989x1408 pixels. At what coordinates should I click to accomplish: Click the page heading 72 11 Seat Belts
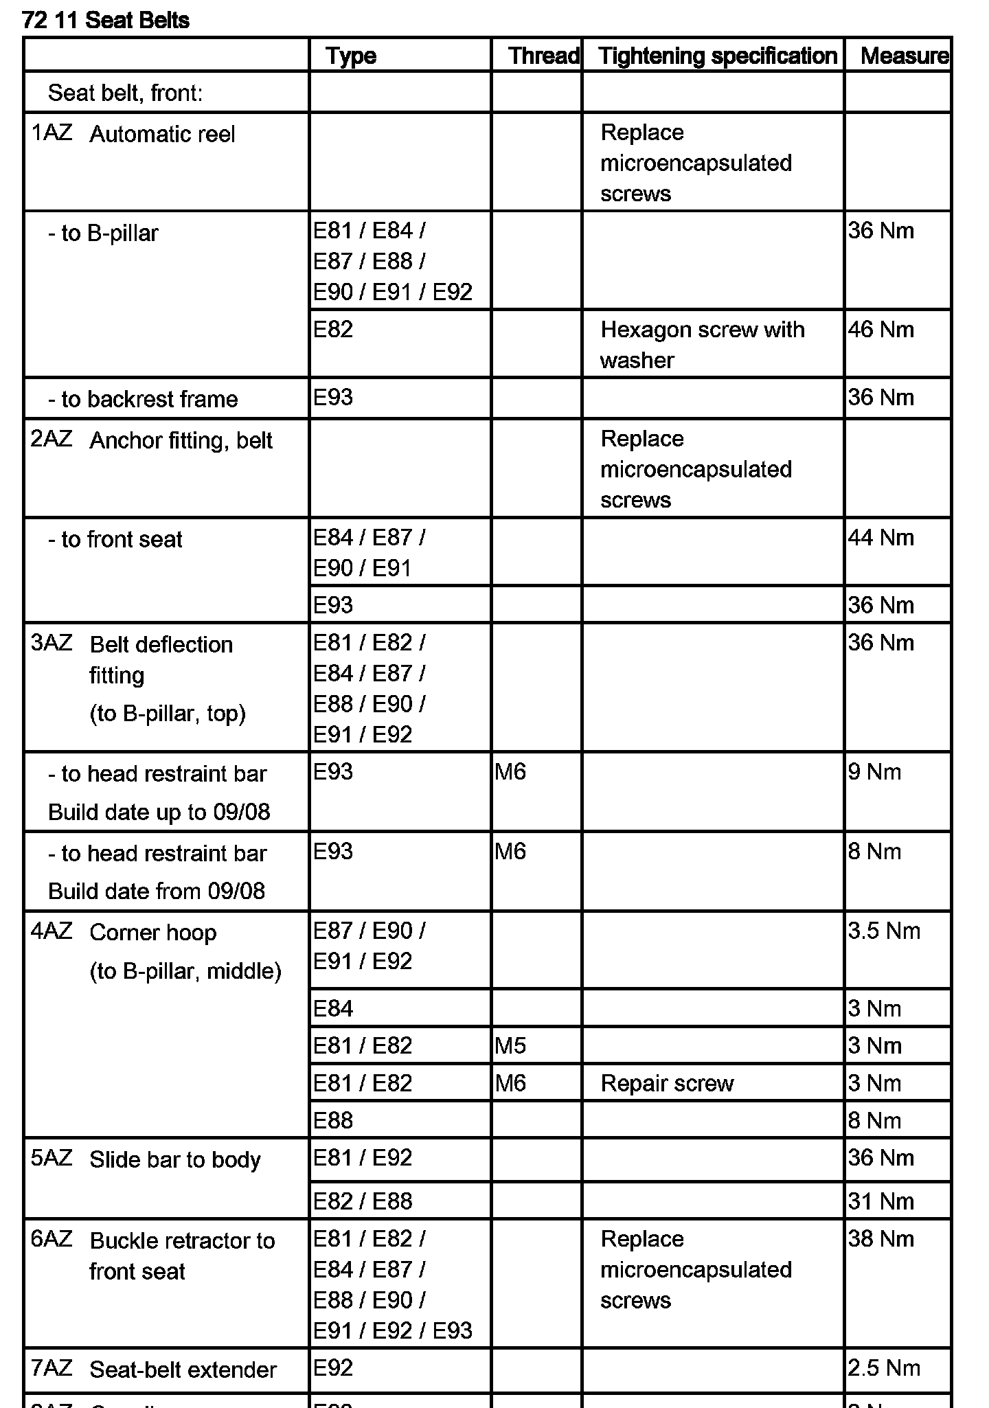pyautogui.click(x=106, y=21)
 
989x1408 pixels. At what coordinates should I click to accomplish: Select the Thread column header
pyautogui.click(x=543, y=56)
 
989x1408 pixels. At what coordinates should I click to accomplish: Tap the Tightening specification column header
pyautogui.click(x=717, y=56)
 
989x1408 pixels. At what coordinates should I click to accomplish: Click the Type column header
pyautogui.click(x=351, y=56)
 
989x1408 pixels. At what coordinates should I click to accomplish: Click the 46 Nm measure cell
pyautogui.click(x=880, y=330)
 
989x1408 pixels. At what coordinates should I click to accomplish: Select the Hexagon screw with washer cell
pyautogui.click(x=702, y=345)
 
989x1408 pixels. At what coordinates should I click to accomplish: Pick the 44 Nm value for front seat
pyautogui.click(x=880, y=538)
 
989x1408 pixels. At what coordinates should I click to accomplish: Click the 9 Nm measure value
pyautogui.click(x=874, y=772)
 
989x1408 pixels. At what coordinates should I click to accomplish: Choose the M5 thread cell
pyautogui.click(x=510, y=1046)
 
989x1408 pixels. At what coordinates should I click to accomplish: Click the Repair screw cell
pyautogui.click(x=667, y=1084)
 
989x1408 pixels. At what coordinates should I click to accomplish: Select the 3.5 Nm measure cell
pyautogui.click(x=884, y=931)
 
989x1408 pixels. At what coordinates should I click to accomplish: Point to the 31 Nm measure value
pyautogui.click(x=880, y=1201)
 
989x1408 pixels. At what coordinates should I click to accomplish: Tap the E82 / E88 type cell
pyautogui.click(x=363, y=1201)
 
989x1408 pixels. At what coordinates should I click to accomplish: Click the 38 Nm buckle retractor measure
pyautogui.click(x=880, y=1239)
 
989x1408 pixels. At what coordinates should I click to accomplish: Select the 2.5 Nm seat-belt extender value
pyautogui.click(x=884, y=1368)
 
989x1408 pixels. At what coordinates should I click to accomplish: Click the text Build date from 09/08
pyautogui.click(x=157, y=892)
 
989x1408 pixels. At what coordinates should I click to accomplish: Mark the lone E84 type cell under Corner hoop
pyautogui.click(x=333, y=1009)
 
